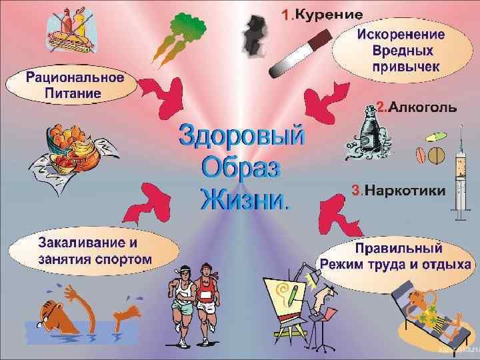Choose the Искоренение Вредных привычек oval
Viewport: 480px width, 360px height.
(x=399, y=50)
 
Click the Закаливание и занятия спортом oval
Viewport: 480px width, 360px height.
(x=94, y=249)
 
